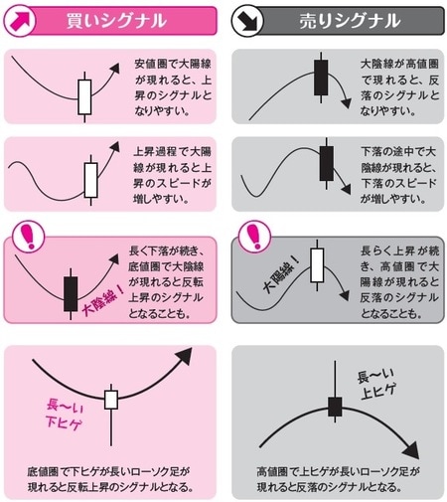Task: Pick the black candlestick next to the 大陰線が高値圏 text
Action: click(320, 80)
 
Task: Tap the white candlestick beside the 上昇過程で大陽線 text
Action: click(92, 181)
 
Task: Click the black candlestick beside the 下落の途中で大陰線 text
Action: click(325, 166)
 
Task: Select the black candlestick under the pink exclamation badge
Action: click(71, 292)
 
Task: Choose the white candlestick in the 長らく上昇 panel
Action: click(317, 263)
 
